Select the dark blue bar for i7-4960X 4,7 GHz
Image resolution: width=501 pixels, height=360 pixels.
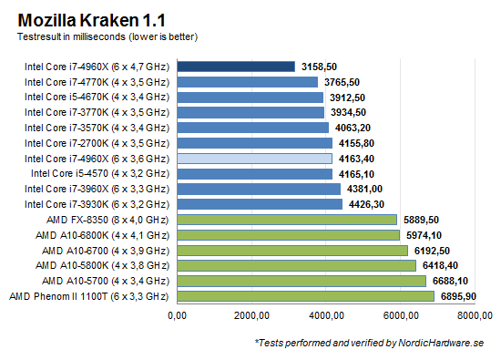click(236, 66)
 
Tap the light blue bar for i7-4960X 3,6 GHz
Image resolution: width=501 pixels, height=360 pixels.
click(255, 158)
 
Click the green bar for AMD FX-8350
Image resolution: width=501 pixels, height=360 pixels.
click(287, 219)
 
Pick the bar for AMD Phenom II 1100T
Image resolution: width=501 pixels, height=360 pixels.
click(306, 296)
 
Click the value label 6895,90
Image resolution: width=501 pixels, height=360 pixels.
click(462, 296)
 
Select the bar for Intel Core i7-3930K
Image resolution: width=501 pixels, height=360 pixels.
click(260, 204)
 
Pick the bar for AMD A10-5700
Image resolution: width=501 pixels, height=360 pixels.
click(302, 281)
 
